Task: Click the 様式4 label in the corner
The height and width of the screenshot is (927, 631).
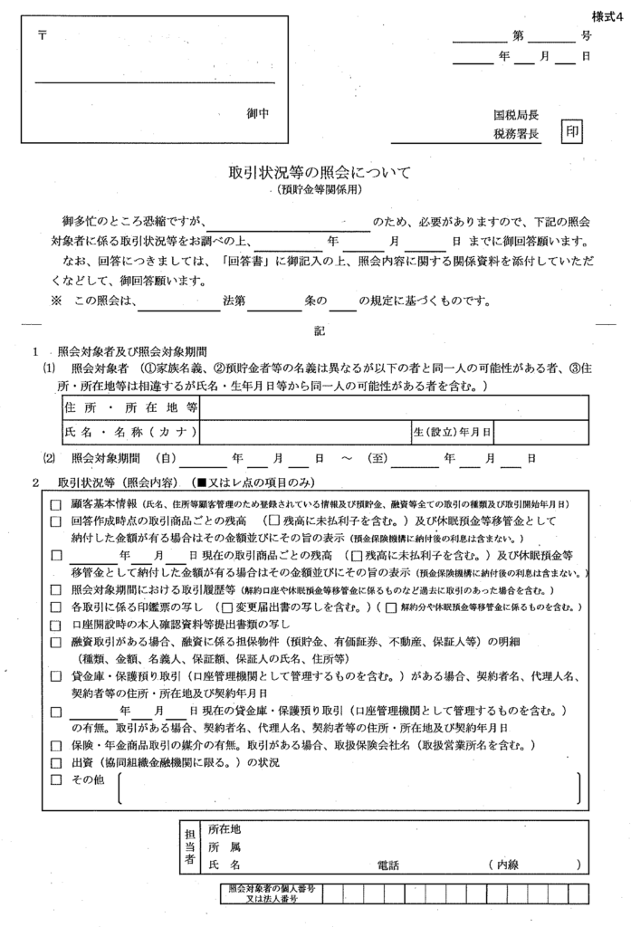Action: pos(608,15)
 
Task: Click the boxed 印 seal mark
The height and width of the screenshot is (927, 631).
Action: pos(572,132)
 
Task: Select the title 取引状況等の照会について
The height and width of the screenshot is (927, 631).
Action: pos(320,172)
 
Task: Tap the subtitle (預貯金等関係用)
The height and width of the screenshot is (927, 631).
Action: pos(320,190)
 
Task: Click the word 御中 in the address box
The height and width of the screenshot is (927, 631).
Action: pos(259,114)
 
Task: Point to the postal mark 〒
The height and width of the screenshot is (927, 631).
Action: pos(42,36)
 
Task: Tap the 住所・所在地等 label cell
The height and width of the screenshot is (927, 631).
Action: pos(130,409)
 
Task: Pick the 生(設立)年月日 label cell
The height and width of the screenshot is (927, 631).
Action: pos(452,432)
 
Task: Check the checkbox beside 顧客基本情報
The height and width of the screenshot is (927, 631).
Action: pos(56,504)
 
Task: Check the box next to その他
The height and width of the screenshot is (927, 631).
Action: pos(56,781)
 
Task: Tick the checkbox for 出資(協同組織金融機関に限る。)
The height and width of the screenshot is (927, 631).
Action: pos(56,763)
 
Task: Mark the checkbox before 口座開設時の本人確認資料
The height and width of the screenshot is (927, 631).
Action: pos(56,626)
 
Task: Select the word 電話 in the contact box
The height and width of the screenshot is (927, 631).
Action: pos(387,865)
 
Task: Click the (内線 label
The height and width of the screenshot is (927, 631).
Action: pos(502,865)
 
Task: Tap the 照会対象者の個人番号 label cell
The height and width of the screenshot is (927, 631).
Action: pos(272,894)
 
